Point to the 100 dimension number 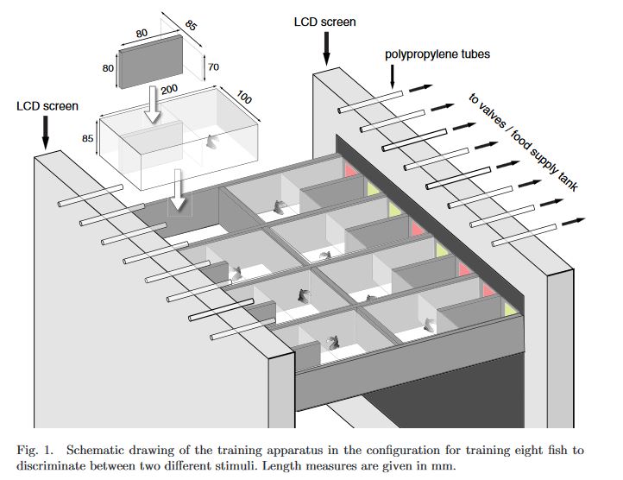pyautogui.click(x=244, y=99)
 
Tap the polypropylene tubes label pyautogui.click(x=437, y=54)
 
